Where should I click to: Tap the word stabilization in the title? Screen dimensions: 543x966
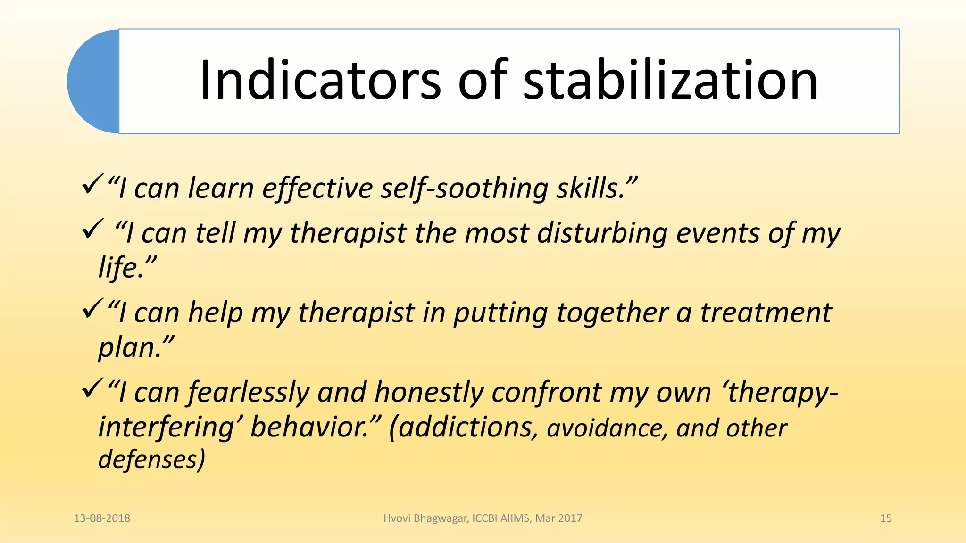pos(670,80)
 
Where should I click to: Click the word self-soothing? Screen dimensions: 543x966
pos(464,188)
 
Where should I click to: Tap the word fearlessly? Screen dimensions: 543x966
pos(248,392)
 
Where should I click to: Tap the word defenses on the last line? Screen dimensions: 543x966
pos(149,459)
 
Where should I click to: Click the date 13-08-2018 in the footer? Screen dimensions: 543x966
pos(102,518)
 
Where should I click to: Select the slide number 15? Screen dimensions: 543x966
pos(886,518)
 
